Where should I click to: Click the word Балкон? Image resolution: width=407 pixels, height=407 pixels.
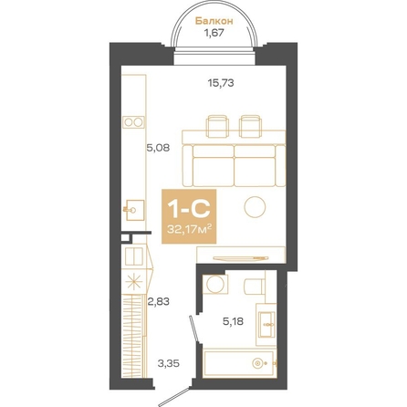[x=214, y=21]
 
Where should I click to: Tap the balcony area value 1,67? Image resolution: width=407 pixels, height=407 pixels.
[x=214, y=33]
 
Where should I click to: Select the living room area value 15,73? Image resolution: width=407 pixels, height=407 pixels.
[x=221, y=83]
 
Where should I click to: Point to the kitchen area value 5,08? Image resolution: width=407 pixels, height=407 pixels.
[x=158, y=149]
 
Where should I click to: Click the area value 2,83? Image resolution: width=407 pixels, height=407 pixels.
[x=158, y=302]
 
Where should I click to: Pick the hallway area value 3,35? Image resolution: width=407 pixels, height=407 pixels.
[x=168, y=363]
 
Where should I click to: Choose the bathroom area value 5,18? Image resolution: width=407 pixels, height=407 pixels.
[x=233, y=321]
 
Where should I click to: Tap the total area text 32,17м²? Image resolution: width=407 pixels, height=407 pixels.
[x=189, y=229]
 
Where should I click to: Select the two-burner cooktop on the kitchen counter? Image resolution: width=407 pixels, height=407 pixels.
[x=133, y=122]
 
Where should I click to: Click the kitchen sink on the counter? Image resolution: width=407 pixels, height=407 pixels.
[x=133, y=210]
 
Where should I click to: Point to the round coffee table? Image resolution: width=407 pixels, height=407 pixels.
[x=255, y=207]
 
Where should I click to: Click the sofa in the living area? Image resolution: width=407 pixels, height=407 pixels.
[x=234, y=165]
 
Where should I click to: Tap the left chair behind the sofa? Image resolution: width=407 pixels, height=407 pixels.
[x=217, y=126]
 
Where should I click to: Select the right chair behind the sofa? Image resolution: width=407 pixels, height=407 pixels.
[x=250, y=126]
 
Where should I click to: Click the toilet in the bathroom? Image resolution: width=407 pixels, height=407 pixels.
[x=255, y=286]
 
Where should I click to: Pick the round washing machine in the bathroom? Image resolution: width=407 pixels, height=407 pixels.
[x=215, y=285]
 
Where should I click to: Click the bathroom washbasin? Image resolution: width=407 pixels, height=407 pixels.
[x=267, y=325]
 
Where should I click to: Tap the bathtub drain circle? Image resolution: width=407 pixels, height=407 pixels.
[x=257, y=363]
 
